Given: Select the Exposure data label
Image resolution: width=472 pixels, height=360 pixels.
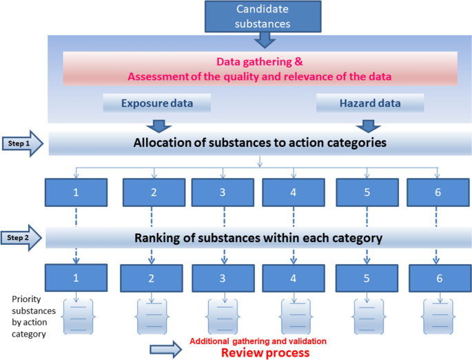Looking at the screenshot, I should point(156,104).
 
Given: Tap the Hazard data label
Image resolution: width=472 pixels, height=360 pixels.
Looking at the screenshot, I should point(369,104).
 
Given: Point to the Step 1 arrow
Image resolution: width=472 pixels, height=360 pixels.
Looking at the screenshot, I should point(24,143).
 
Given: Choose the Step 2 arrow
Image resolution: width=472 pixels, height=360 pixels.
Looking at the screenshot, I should point(24,238).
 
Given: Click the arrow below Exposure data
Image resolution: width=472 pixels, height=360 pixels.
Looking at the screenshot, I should point(158,126).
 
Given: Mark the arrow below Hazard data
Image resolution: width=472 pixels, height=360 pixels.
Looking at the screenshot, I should point(368,126).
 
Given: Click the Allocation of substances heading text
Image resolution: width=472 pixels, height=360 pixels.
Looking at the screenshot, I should point(259,143).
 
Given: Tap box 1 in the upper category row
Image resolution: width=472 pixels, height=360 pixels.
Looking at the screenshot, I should point(76,192).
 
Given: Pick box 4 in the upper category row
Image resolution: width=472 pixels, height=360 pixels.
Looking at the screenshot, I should point(294,192).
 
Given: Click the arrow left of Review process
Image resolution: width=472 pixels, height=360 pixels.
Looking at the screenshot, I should point(166,350).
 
